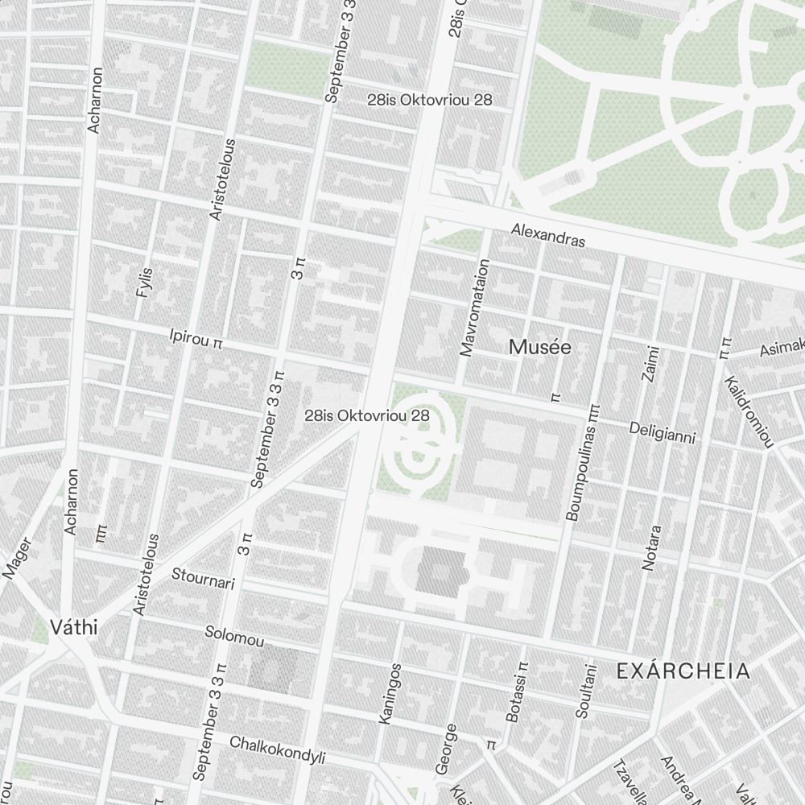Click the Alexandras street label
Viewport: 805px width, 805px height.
tap(548, 235)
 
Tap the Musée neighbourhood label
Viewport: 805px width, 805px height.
tap(540, 348)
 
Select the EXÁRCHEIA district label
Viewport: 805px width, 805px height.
tap(683, 671)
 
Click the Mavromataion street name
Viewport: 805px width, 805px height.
tap(473, 307)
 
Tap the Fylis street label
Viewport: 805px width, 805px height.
tap(144, 283)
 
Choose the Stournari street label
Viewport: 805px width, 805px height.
tap(203, 578)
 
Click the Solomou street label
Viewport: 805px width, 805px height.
tap(234, 637)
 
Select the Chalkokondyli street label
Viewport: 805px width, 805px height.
tap(278, 749)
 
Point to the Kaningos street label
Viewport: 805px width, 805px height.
tap(389, 693)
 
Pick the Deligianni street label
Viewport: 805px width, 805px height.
tap(662, 432)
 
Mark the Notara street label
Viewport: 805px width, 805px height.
tap(651, 548)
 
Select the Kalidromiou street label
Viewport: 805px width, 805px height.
tap(749, 411)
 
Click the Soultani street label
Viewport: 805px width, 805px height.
tap(586, 691)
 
